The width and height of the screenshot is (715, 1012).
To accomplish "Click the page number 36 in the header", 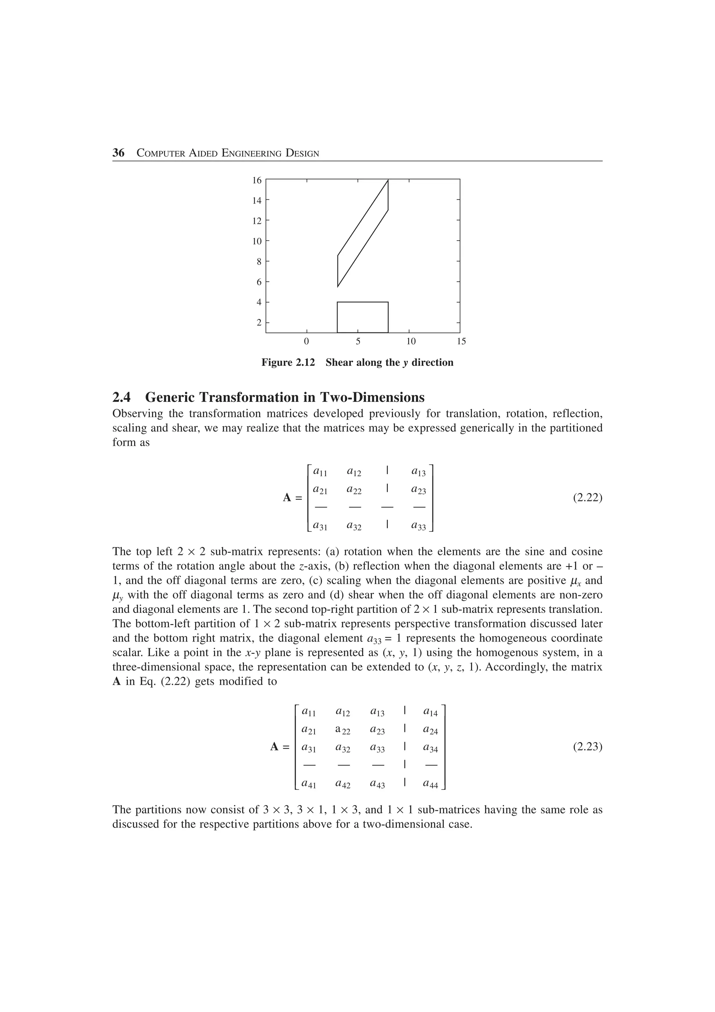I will pos(118,153).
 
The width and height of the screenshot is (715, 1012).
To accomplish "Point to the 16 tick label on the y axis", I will pos(256,180).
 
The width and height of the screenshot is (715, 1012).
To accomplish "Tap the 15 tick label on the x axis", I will pos(461,341).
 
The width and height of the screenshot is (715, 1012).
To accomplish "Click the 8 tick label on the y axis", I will pos(259,261).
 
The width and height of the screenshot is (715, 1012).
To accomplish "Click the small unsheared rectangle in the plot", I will pos(363,317).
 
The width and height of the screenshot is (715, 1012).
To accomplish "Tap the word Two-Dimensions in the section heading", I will pos(372,397).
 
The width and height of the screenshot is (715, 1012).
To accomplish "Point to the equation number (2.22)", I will pos(587,498).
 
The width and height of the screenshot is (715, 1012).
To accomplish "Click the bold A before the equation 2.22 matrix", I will pos(287,498).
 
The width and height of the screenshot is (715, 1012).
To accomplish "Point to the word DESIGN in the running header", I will pos(302,153).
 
